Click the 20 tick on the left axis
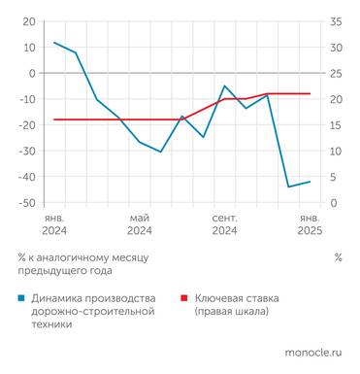tap(30, 21)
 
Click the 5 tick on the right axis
tap(334, 177)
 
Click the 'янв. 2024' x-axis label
tap(54, 224)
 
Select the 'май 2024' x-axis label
tap(139, 224)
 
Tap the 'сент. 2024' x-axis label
tap(224, 224)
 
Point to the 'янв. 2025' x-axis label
tap(310, 224)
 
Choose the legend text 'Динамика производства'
tap(93, 298)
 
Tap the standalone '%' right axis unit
tap(338, 258)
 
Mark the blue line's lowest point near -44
tap(288, 187)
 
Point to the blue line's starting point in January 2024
tap(54, 43)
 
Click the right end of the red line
tap(310, 94)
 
